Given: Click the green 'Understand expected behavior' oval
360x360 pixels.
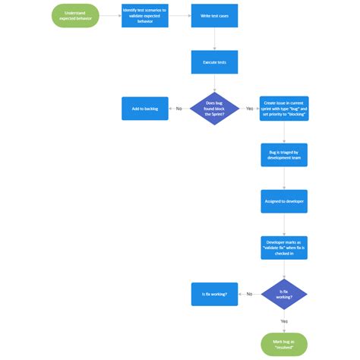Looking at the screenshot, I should click(x=74, y=15).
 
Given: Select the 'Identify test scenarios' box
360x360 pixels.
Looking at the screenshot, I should click(x=145, y=15).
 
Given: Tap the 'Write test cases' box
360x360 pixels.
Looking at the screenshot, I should click(x=214, y=15).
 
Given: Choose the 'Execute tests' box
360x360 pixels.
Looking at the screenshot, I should click(x=214, y=62).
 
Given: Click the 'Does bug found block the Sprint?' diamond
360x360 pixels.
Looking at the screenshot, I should click(x=214, y=109).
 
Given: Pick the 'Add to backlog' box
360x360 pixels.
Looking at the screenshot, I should click(x=145, y=109).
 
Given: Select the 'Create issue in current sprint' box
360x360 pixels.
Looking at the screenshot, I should click(x=284, y=109).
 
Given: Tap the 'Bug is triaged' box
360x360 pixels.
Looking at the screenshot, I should click(x=284, y=155).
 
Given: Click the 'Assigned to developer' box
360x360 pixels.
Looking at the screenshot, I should click(x=284, y=201).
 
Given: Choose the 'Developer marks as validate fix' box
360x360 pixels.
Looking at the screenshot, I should click(x=284, y=248).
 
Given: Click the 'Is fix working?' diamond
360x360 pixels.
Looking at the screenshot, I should click(x=284, y=294).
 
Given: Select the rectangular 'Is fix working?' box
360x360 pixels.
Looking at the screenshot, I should click(x=214, y=294).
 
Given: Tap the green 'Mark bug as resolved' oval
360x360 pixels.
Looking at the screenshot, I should click(x=284, y=344).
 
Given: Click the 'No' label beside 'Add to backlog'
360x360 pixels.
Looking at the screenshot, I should click(x=179, y=109).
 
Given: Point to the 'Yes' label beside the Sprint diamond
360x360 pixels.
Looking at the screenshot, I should click(x=249, y=109).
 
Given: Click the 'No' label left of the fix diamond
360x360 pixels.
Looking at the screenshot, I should click(x=249, y=294).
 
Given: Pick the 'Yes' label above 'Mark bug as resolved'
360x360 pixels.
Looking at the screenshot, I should click(x=284, y=321).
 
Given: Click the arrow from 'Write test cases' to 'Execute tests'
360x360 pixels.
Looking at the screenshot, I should click(x=214, y=39).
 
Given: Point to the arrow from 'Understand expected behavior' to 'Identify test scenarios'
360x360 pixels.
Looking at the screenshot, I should click(x=109, y=15).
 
